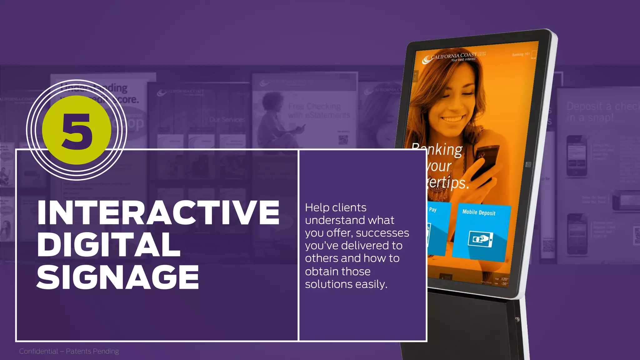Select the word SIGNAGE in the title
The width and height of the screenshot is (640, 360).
pos(118,277)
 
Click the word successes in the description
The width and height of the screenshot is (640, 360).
pos(382,233)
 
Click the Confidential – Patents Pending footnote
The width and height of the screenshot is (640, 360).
pos(69,351)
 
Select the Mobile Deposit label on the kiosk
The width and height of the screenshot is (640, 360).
pos(479,212)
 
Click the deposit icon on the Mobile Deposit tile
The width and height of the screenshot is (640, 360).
pos(480,240)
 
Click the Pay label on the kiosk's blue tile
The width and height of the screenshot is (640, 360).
pos(432,209)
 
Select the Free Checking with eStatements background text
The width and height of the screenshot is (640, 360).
pos(318,111)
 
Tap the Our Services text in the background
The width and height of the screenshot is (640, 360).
pos(227,120)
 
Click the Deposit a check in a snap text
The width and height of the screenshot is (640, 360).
pos(602,112)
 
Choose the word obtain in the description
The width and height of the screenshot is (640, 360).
pos(322,272)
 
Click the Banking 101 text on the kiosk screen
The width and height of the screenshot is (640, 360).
pos(521,54)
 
